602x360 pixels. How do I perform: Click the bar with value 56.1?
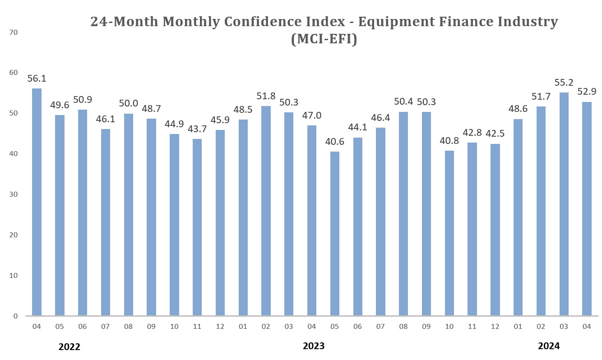pos(37,202)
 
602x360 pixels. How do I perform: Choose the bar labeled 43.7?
pos(197,227)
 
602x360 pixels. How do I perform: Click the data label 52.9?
pos(587,92)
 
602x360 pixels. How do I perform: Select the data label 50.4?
pos(403,102)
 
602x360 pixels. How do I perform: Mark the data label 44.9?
pos(174,125)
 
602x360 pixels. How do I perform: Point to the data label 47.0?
pos(312,116)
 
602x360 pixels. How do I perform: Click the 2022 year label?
pos(69,347)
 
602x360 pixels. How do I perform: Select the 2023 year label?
pos(313,346)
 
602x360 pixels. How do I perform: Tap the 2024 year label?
pos(548,346)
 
